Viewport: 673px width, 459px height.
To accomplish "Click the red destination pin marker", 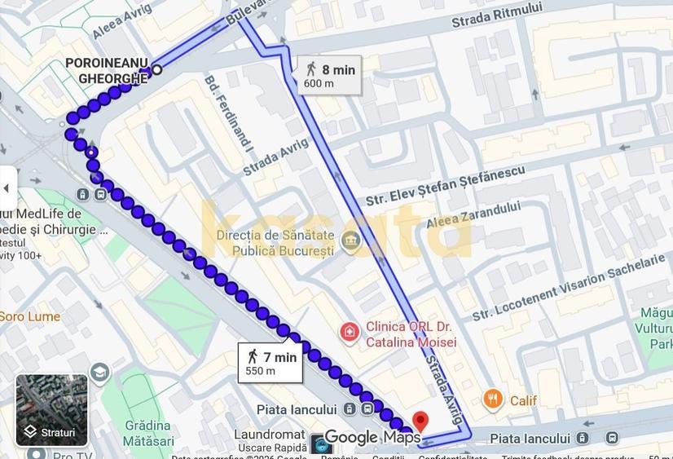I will pos(420,421).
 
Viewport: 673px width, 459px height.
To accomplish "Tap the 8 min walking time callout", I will pos(329,75).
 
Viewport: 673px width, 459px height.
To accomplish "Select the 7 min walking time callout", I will pos(271,363).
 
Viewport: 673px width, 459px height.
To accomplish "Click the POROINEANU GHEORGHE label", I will pos(107,71).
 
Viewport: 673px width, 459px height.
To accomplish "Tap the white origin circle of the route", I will pos(157,70).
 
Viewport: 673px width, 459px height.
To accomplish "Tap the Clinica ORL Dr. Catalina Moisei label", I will pos(411,334).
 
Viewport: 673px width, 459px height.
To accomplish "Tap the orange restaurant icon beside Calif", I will pos(493,399).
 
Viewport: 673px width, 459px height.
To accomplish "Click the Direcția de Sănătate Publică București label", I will pos(275,243).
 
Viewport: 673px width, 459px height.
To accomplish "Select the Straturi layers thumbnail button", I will pos(51,410).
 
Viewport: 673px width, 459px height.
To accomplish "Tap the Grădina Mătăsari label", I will pos(149,432).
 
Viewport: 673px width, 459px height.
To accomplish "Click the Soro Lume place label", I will pos(30,316).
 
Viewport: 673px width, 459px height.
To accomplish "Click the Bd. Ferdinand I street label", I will pos(229,115).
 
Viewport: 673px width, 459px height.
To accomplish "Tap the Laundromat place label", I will pos(269,435).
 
